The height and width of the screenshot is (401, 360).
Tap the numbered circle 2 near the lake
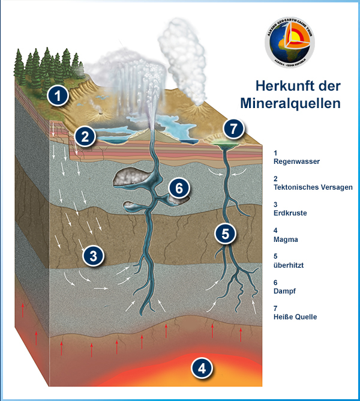(x=85, y=136)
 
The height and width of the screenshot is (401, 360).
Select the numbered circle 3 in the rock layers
(x=93, y=256)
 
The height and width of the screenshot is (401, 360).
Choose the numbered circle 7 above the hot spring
(x=233, y=128)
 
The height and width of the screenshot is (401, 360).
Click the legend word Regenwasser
(x=296, y=161)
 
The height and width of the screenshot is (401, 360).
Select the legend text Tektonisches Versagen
(x=313, y=187)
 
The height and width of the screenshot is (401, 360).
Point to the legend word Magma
(x=286, y=239)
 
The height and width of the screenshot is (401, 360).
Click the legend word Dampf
(x=285, y=291)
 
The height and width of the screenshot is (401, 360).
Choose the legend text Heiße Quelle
(x=295, y=316)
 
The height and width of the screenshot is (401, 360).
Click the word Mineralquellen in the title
(x=290, y=103)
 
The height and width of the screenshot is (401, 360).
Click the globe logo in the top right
(x=289, y=43)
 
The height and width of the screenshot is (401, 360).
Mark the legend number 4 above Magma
(x=275, y=230)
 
